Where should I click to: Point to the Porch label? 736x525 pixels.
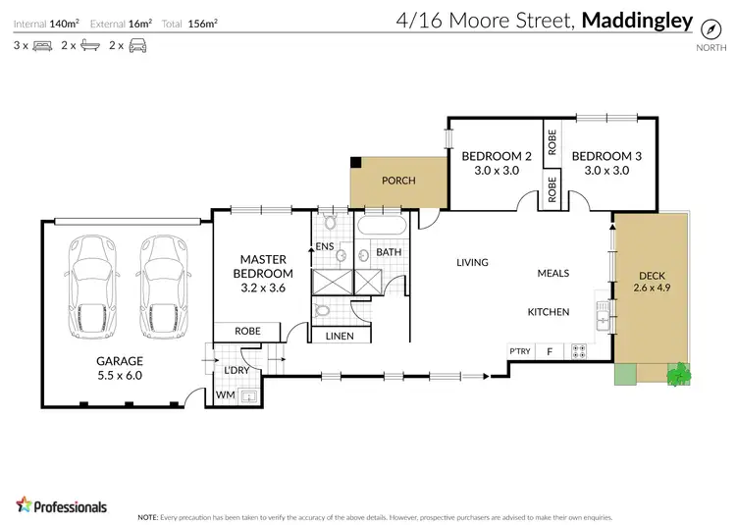click(398, 181)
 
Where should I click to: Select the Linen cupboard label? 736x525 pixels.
click(340, 336)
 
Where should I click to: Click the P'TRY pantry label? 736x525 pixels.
click(519, 350)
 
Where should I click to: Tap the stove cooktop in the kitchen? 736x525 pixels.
click(579, 350)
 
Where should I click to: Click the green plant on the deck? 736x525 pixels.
click(679, 373)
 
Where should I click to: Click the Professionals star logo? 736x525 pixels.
click(26, 504)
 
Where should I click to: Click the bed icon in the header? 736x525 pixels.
click(41, 45)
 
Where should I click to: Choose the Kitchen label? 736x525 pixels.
click(549, 312)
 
